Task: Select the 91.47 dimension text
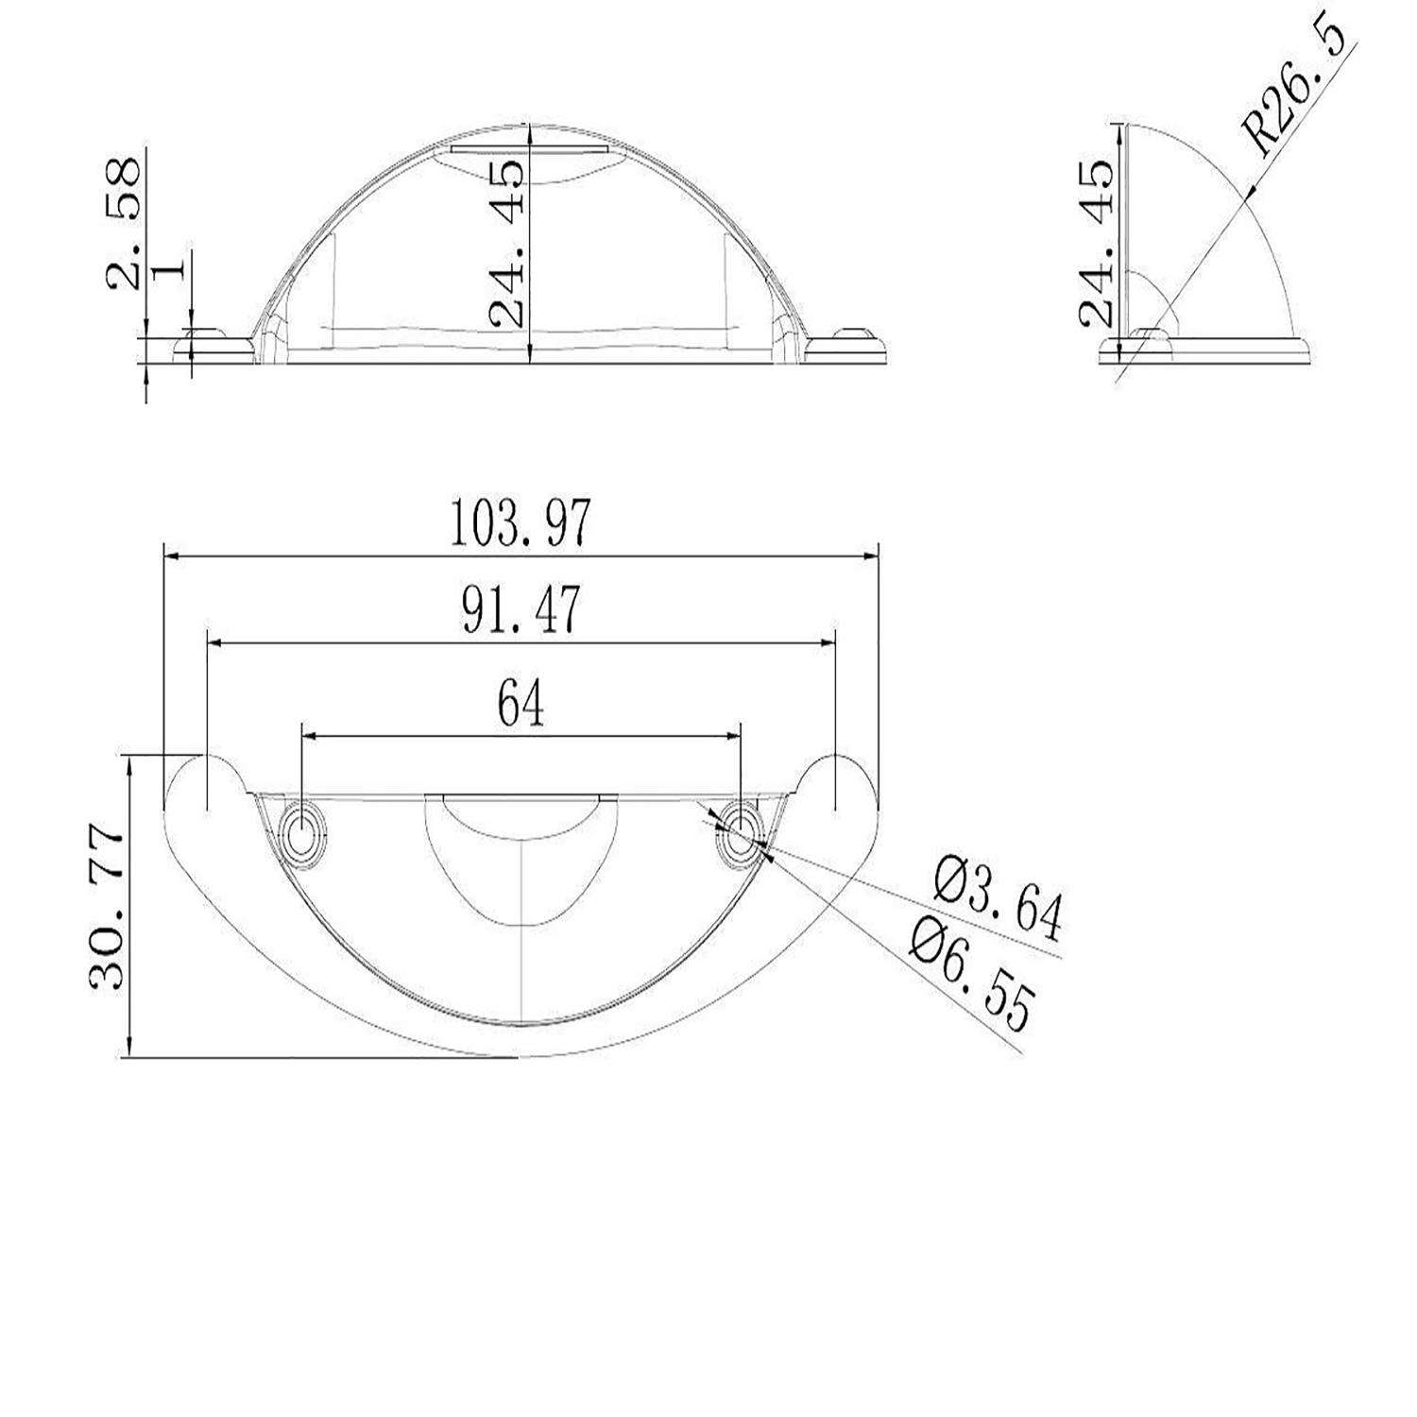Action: (521, 611)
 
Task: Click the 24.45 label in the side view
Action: (1098, 244)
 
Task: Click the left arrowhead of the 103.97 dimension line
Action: (171, 557)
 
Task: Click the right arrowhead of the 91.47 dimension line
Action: (829, 643)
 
